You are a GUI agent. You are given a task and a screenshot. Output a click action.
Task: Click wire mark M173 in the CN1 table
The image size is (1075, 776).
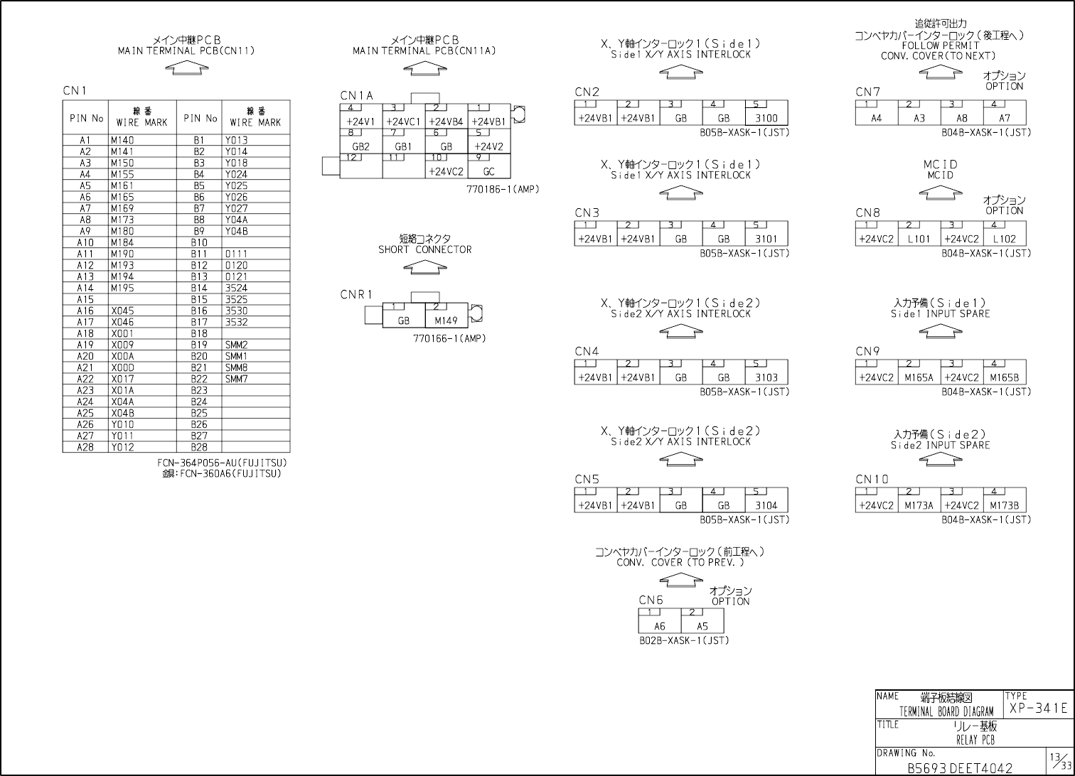tap(122, 220)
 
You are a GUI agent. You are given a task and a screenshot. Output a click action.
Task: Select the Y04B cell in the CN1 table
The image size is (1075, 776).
tap(236, 232)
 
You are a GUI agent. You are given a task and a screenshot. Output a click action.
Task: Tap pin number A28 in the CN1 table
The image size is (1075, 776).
tap(85, 448)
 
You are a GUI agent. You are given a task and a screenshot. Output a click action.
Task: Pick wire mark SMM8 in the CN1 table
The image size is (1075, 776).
tap(236, 368)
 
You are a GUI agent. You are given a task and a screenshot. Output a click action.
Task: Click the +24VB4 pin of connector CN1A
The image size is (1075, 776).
tap(446, 122)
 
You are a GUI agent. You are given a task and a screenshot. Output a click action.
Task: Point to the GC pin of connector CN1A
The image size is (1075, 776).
tap(488, 172)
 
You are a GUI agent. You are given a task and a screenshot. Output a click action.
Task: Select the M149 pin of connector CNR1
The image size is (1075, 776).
tap(446, 320)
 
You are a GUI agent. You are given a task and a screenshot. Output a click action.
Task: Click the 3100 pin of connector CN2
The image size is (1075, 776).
tap(766, 119)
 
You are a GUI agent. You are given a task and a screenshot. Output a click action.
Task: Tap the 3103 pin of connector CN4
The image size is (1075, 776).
tap(766, 378)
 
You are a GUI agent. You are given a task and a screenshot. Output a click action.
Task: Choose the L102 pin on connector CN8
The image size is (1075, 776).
tap(1004, 239)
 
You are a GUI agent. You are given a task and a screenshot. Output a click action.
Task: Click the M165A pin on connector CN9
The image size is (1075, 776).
tap(919, 378)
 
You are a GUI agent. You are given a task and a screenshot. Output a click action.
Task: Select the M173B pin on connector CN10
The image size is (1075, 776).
tap(1004, 506)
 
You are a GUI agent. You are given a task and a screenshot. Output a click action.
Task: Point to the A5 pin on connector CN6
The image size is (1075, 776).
tap(702, 627)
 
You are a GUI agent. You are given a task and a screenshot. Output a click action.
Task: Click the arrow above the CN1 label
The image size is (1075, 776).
tap(186, 68)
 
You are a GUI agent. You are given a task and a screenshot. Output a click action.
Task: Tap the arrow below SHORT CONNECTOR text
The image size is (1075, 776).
tap(424, 267)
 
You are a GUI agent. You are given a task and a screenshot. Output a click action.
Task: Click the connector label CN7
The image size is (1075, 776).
tap(867, 92)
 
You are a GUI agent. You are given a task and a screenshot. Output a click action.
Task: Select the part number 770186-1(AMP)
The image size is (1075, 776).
tap(503, 190)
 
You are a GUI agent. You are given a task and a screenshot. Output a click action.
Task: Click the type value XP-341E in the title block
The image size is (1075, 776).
tap(1038, 708)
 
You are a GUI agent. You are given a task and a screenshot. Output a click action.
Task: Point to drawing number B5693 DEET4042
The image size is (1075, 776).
tap(960, 768)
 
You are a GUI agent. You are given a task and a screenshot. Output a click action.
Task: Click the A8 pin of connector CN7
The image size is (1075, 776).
tap(961, 119)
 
